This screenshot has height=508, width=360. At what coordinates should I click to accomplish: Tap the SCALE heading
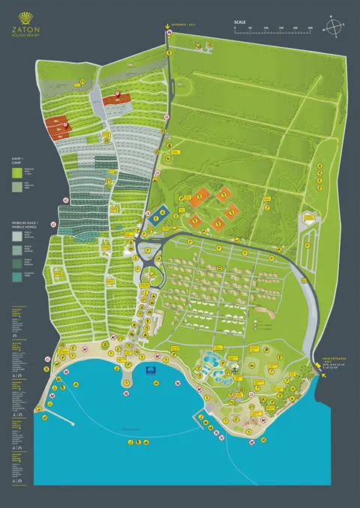pos(240,22)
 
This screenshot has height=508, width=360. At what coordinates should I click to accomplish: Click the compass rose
pos(334,27)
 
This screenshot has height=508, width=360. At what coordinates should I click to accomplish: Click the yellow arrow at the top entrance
pos(167,30)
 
